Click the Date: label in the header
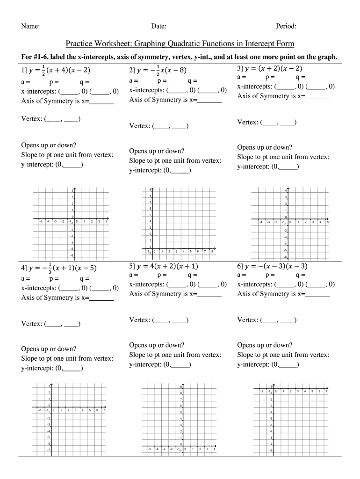coord(158,26)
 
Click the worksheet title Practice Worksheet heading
coord(180,44)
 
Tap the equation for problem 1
coord(56,71)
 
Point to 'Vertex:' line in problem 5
coord(158,320)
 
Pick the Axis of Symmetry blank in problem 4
coord(101,298)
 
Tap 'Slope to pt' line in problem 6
coord(283,355)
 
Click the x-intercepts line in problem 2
coord(178,90)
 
